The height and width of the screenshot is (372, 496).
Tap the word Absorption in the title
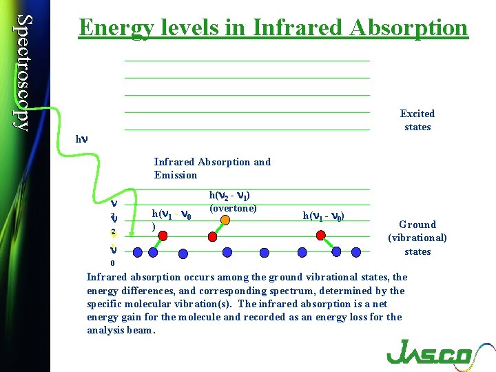pyautogui.click(x=409, y=28)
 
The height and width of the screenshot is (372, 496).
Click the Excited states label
pyautogui.click(x=417, y=120)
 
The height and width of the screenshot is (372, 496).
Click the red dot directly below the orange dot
pyautogui.click(x=212, y=236)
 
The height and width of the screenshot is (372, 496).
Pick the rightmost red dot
pyautogui.click(x=320, y=235)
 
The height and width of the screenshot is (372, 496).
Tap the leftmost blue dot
pyautogui.click(x=153, y=252)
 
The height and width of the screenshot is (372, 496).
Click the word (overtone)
pyautogui.click(x=233, y=208)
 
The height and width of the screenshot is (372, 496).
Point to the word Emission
pyautogui.click(x=176, y=175)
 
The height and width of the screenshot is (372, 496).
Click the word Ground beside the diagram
pyautogui.click(x=417, y=225)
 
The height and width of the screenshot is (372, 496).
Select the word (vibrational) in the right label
pyautogui.click(x=417, y=238)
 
